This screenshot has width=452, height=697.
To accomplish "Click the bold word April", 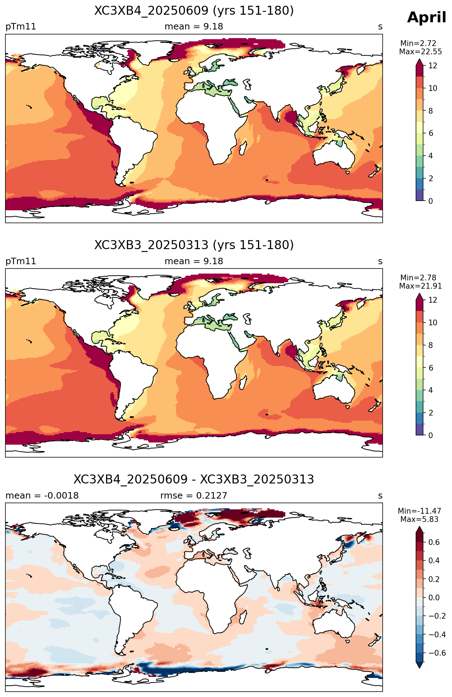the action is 426,18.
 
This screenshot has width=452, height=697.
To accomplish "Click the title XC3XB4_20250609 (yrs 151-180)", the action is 194,11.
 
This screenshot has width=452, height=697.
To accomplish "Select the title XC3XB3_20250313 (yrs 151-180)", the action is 194,245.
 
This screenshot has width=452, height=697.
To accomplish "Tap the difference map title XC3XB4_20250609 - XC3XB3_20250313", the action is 194,480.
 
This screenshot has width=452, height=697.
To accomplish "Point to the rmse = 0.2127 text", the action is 194,496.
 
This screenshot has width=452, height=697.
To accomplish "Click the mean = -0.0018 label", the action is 42,496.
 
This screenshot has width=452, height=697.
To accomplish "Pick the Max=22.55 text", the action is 420,52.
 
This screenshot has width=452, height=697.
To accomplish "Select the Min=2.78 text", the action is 418,278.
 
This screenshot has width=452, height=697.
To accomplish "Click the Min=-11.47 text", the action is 419,511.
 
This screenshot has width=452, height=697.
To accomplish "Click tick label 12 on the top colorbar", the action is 433,66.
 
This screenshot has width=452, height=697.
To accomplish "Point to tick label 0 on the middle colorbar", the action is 430,435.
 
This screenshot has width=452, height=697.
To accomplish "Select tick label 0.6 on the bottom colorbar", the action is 434,542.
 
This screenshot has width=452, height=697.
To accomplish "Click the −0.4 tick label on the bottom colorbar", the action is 437,635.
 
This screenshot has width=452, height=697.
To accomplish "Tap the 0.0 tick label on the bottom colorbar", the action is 434,598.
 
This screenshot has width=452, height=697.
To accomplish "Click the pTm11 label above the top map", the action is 21,27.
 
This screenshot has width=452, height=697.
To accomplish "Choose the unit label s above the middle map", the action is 380,261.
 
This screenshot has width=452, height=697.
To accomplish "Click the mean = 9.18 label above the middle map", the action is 194,261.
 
